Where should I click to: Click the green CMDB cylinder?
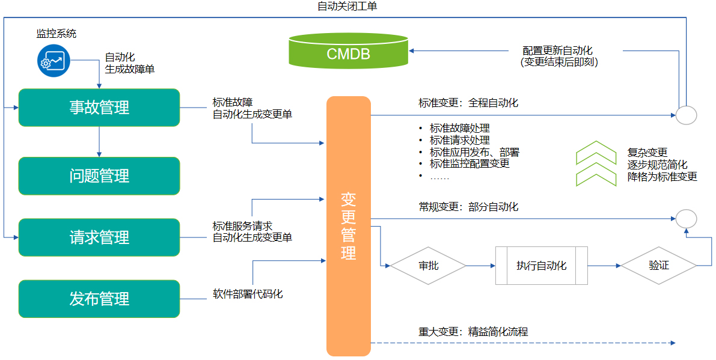tap(348, 52)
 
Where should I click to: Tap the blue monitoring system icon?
tap(54, 60)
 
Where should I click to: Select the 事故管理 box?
tap(99, 108)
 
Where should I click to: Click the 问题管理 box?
tap(99, 176)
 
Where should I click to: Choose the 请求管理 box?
tap(99, 237)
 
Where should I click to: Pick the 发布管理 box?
tap(99, 299)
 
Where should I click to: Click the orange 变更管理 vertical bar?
tap(349, 226)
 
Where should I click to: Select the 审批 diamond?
tap(428, 265)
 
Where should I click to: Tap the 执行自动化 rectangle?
tap(541, 265)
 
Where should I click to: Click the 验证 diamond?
tap(658, 265)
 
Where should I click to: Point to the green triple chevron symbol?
tap(596, 163)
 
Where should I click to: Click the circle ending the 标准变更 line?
tap(686, 115)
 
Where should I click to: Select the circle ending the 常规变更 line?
tap(686, 219)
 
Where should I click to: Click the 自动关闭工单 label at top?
tap(347, 7)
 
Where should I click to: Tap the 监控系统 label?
tap(57, 34)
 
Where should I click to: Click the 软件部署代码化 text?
tap(248, 294)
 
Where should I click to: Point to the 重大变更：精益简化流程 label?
tap(473, 332)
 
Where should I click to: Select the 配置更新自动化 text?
tap(557, 50)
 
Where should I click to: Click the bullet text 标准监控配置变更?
tap(470, 163)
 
